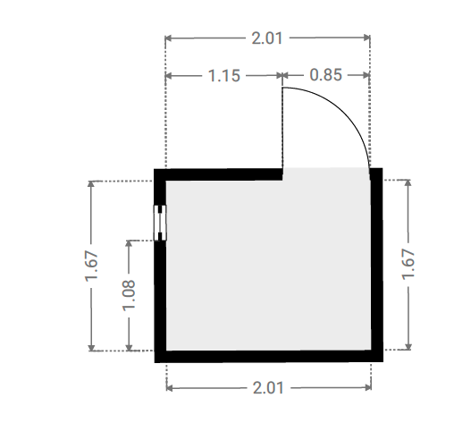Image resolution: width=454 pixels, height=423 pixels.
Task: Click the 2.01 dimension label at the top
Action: pos(267,38)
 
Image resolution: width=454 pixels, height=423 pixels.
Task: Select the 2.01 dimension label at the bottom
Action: pos(268,388)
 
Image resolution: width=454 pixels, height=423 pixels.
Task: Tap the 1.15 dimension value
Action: pos(224,75)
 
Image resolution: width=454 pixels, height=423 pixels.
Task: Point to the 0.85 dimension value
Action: pos(325,75)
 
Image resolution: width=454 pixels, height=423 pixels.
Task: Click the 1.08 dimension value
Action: pos(129,295)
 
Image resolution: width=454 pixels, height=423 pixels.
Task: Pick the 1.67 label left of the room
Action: pos(91,266)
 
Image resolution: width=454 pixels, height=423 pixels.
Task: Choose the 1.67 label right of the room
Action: pos(408,265)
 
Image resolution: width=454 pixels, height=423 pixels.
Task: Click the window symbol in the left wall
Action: pos(160,223)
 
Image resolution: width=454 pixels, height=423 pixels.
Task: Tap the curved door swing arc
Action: pos(342,111)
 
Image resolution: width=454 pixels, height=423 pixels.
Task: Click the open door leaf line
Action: pos(282,128)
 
